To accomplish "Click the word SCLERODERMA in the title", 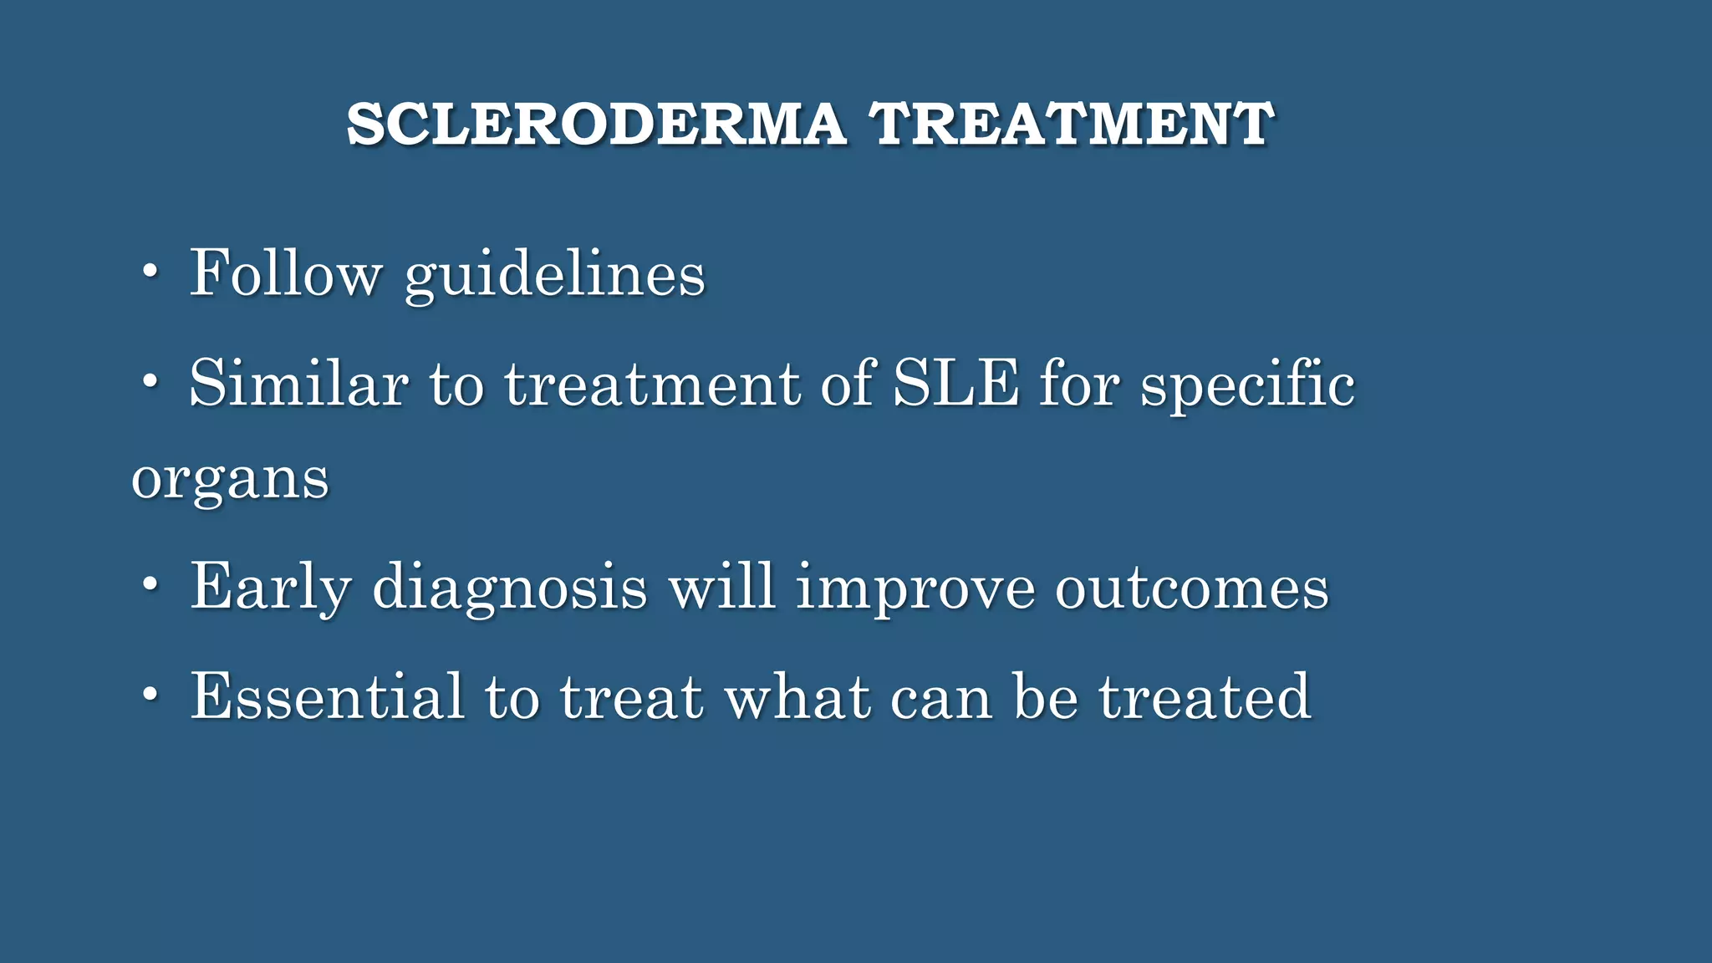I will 596,125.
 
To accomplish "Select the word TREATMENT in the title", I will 1072,125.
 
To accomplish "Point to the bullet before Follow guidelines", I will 150,272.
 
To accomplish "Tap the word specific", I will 1247,385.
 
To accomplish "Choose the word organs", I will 230,481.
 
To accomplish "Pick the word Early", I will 270,587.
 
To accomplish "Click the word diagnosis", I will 510,588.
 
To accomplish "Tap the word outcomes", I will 1192,588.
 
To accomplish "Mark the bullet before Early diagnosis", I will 150,584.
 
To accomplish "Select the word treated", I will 1204,696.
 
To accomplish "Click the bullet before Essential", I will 150,694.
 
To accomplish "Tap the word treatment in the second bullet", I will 652,385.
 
